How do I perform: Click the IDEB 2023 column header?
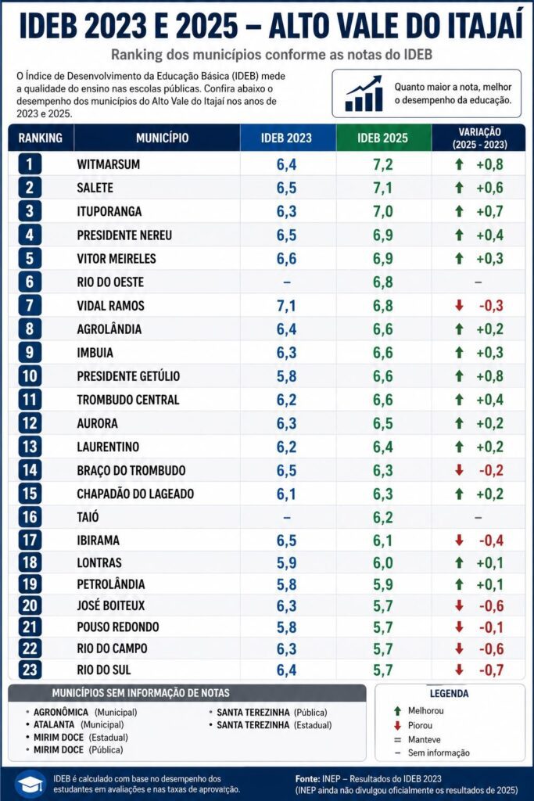(x=286, y=138)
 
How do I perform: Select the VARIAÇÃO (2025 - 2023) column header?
(x=479, y=138)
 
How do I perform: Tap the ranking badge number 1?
(x=30, y=164)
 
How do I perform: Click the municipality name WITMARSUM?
(x=108, y=164)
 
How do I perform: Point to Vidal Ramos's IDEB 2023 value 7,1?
(x=286, y=306)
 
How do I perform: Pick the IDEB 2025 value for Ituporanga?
(x=382, y=211)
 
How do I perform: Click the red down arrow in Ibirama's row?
(x=459, y=540)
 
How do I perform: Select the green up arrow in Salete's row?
(x=459, y=188)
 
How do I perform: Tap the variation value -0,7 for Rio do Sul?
(x=491, y=670)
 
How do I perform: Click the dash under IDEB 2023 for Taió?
(x=286, y=518)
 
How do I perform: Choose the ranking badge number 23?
(x=30, y=670)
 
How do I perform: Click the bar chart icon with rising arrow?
(x=364, y=94)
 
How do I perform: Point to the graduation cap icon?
(x=30, y=783)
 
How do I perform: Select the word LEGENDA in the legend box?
(x=449, y=693)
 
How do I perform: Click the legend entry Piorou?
(x=420, y=725)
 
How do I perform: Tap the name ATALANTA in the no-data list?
(x=54, y=724)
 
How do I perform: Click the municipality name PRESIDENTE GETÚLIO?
(x=128, y=376)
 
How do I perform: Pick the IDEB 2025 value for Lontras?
(x=382, y=563)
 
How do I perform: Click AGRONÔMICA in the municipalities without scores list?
(x=61, y=712)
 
